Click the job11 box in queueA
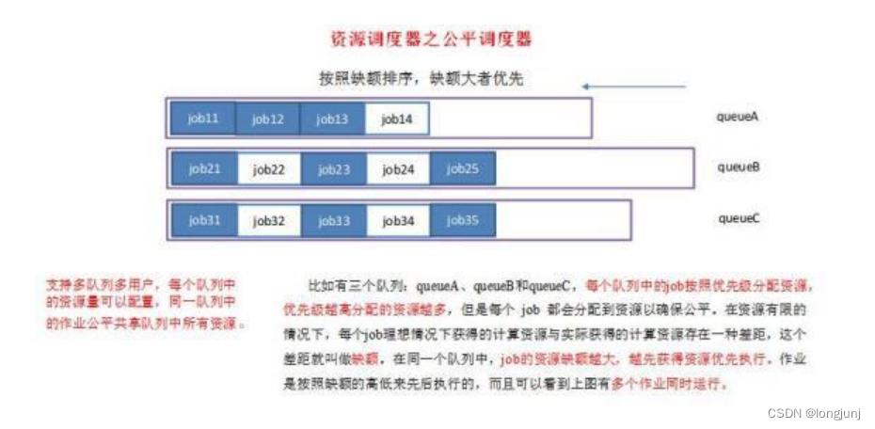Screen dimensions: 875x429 coord(203,119)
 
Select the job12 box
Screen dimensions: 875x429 coord(268,119)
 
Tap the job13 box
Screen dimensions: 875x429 coord(332,119)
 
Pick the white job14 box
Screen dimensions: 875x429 coord(397,119)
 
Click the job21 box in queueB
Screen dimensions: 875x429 coord(204,169)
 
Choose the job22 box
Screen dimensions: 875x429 coord(268,169)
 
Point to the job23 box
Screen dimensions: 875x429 coord(333,169)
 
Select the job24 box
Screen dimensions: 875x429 coord(398,169)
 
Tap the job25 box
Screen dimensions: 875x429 coord(463,169)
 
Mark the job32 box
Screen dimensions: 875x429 coord(268,221)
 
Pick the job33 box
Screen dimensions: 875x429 coord(333,221)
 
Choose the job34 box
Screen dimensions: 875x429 coord(398,221)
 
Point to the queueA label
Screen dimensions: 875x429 coord(738,118)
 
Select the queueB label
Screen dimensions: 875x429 coord(738,167)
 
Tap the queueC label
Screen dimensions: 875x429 coord(738,218)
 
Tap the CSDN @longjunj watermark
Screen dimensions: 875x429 coord(815,411)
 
